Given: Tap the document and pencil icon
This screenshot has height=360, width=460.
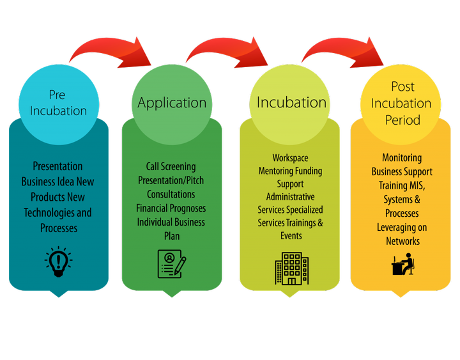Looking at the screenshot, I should point(171,263).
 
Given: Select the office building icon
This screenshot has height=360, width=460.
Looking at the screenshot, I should point(291,268).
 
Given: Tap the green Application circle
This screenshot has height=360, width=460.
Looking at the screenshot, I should point(172,102).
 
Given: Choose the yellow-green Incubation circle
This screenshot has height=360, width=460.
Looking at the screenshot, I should point(291,102).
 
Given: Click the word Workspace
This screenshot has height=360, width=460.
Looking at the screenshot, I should point(290,158).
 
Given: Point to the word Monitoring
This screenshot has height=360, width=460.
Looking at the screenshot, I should point(402,157).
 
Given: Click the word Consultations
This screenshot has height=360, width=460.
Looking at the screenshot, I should point(171,194).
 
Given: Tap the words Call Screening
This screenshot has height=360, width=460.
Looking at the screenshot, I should point(171,166).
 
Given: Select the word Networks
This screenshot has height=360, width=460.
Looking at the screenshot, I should point(402,241).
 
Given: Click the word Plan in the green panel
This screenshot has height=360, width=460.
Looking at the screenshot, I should point(171,236).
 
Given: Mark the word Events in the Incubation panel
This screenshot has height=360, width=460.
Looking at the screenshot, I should point(291,235).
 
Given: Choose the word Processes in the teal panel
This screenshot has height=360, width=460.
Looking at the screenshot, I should point(58,228).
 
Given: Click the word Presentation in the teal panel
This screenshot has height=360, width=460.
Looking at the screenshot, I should point(58,166).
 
